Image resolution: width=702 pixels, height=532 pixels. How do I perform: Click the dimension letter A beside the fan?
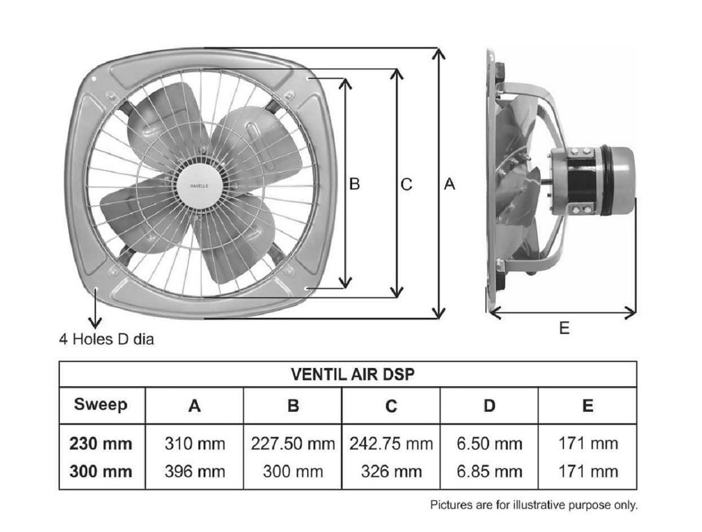449,184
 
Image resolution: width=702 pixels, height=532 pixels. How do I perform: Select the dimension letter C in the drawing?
407,184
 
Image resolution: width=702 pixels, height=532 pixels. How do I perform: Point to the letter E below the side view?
564,328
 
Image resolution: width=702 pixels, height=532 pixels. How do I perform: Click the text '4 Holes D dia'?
106,339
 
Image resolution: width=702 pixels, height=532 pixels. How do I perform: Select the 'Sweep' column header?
101,404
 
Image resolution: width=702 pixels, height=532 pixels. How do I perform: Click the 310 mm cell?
194,444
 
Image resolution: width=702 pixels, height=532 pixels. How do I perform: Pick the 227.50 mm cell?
293,444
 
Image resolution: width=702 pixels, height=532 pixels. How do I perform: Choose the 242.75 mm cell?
391,444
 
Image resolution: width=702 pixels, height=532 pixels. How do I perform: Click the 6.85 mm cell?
489,471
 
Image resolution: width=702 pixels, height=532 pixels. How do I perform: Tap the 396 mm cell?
194,471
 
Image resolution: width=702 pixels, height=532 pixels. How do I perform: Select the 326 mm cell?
391,471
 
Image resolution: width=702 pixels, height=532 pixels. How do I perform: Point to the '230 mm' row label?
101,444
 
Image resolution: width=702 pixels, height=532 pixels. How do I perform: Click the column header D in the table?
489,405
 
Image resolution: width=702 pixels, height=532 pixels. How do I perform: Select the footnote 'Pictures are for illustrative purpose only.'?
534,505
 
